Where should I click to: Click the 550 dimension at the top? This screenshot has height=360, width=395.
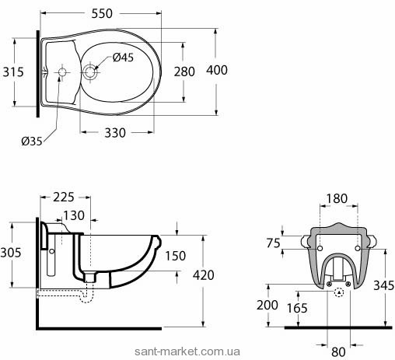tap(102, 13)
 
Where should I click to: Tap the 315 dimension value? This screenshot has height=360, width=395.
tap(13, 72)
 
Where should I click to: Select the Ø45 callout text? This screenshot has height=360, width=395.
tap(123, 58)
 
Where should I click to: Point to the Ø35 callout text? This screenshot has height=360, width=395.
tap(32, 142)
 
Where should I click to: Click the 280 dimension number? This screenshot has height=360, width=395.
tap(184, 72)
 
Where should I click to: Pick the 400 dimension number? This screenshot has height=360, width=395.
tap(217, 70)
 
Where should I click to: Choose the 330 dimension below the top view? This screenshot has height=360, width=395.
tap(115, 133)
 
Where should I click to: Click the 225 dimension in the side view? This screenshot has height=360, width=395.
tap(64, 197)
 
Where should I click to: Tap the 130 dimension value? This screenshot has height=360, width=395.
tap(74, 215)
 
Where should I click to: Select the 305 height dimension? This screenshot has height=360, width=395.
tap(11, 253)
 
